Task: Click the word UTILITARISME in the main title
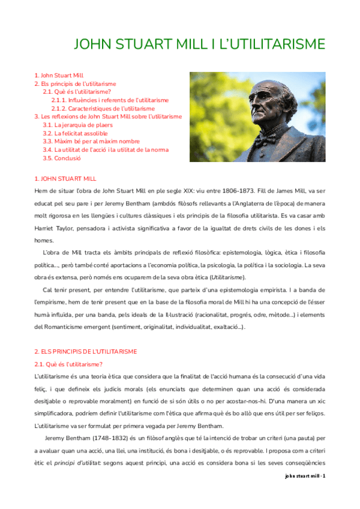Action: click(x=267, y=45)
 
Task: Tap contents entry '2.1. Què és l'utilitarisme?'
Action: click(x=77, y=92)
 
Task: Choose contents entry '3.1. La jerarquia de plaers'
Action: click(x=77, y=125)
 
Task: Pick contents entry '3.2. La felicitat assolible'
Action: click(x=75, y=133)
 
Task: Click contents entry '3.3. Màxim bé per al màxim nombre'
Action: click(x=91, y=142)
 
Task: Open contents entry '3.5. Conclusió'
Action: click(x=61, y=158)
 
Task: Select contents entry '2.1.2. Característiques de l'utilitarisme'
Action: click(x=103, y=109)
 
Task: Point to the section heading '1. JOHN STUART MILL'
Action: click(x=65, y=179)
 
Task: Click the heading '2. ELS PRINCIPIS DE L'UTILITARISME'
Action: click(x=86, y=351)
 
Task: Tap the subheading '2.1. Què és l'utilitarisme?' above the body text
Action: click(x=68, y=364)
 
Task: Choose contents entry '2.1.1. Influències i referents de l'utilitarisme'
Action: click(x=110, y=100)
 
